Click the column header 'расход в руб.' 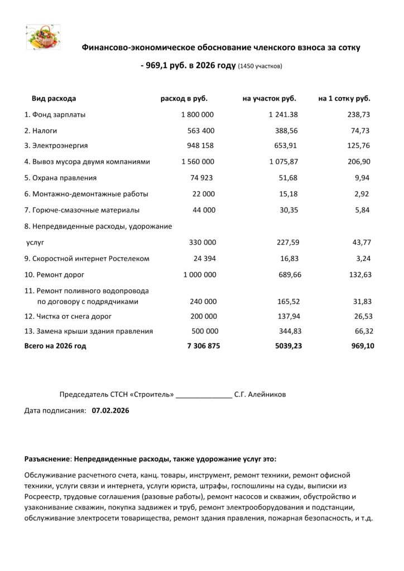pyautogui.click(x=184, y=99)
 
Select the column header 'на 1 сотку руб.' pyautogui.click(x=344, y=99)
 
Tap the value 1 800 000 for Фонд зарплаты pyautogui.click(x=198, y=114)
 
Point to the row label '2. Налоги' pyautogui.click(x=42, y=130)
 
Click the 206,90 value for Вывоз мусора pyautogui.click(x=359, y=162)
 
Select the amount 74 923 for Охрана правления pyautogui.click(x=201, y=178)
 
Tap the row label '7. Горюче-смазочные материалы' pyautogui.click(x=81, y=210)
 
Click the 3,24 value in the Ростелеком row pyautogui.click(x=363, y=259)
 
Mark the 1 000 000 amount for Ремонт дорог pyautogui.click(x=200, y=275)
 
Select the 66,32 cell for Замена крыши pyautogui.click(x=361, y=331)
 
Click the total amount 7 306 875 pyautogui.click(x=203, y=346)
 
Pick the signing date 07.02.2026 pyautogui.click(x=110, y=411)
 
